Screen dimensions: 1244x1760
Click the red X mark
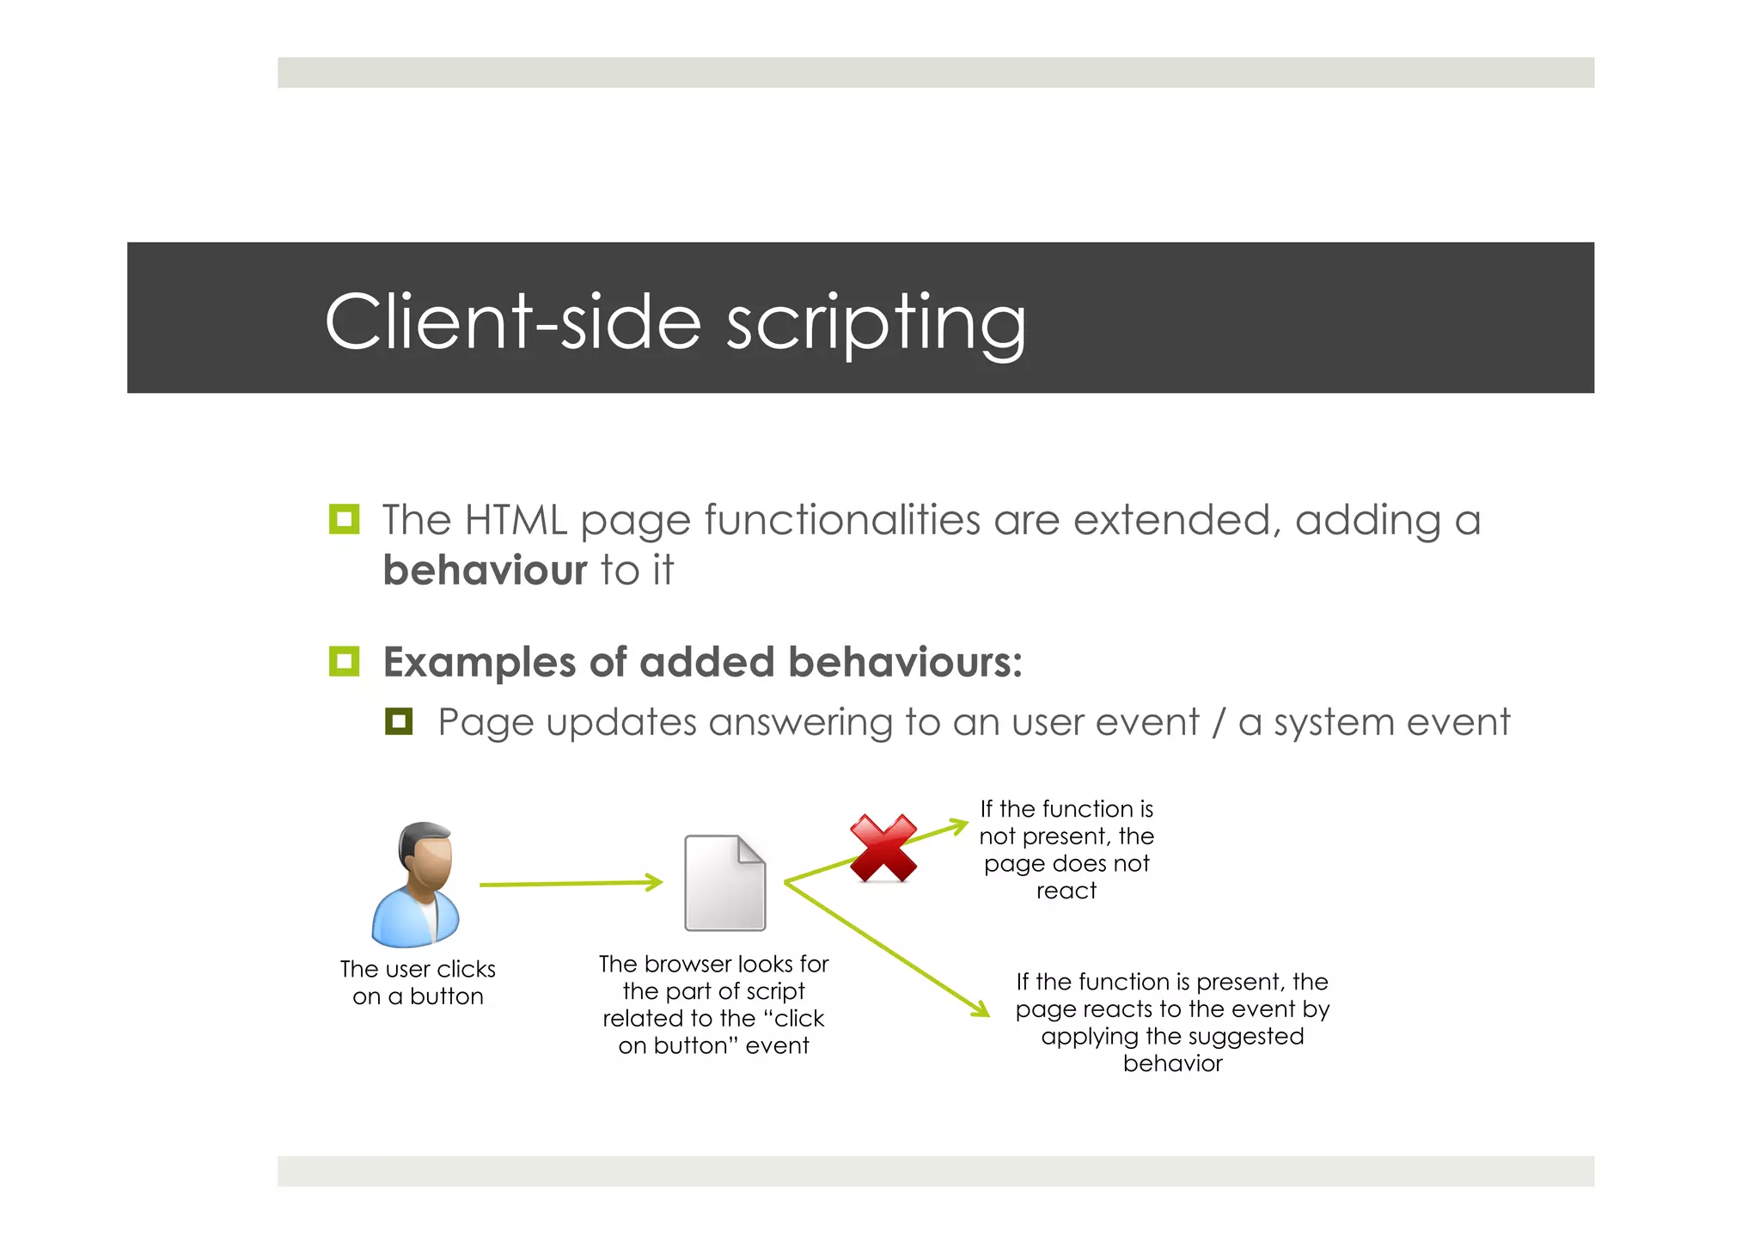click(x=883, y=849)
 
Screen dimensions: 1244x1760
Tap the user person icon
click(x=418, y=885)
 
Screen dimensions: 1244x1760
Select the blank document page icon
click(x=724, y=883)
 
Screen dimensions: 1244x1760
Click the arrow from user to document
click(x=571, y=883)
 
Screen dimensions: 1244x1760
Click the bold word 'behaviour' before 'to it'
click(x=485, y=570)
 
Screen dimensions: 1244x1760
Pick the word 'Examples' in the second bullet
click(x=478, y=662)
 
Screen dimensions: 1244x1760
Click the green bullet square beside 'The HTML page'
click(x=344, y=519)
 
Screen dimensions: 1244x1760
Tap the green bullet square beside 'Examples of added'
click(x=344, y=661)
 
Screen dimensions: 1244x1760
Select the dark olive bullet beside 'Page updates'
click(x=399, y=721)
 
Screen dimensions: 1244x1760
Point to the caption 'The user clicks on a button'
click(x=418, y=983)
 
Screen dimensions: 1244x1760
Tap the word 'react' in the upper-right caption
click(x=1066, y=891)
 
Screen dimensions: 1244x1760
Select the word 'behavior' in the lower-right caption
click(x=1172, y=1063)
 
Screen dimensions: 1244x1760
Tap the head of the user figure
click(x=427, y=850)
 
